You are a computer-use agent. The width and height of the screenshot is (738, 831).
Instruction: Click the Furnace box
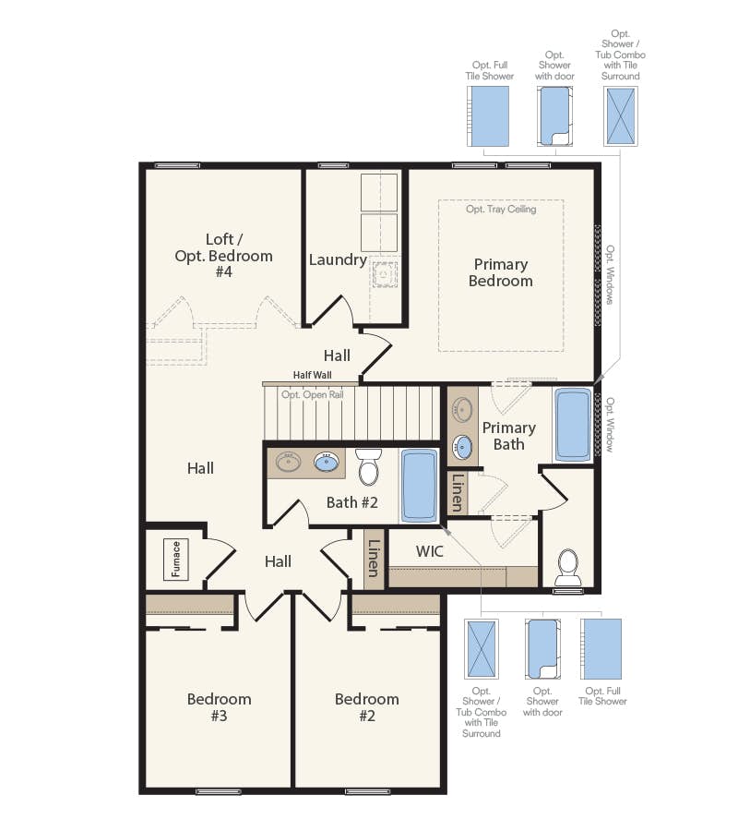click(176, 559)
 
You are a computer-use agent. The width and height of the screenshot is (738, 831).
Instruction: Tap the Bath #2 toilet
click(369, 467)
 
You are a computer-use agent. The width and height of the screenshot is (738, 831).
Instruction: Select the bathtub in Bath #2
click(421, 486)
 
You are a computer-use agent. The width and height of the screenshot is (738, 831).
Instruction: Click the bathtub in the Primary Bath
click(573, 424)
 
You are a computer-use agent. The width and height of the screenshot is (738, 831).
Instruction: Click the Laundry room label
click(338, 259)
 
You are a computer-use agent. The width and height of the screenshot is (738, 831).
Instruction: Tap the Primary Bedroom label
click(501, 272)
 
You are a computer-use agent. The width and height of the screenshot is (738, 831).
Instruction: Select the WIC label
click(430, 551)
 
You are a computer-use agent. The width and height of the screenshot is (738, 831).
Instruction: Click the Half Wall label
click(312, 375)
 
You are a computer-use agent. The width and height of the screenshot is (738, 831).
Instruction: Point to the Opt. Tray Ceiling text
click(501, 210)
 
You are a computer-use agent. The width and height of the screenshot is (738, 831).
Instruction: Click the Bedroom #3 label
click(220, 707)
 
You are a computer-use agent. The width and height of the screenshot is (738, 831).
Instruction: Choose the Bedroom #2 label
click(367, 707)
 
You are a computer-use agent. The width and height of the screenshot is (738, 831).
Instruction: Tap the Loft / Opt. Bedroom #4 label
click(224, 255)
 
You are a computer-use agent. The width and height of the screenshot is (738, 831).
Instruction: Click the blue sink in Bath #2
click(327, 461)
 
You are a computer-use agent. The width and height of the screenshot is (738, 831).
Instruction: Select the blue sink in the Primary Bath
click(462, 448)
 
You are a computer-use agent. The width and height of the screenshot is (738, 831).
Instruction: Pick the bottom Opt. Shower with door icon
click(542, 648)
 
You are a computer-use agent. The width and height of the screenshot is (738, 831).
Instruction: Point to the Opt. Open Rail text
click(313, 394)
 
